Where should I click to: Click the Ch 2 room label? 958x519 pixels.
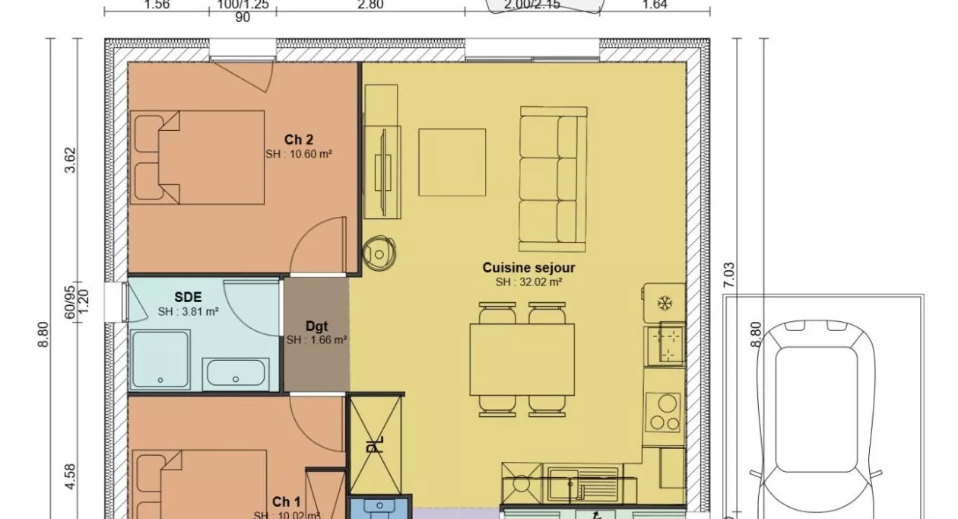click(299, 139)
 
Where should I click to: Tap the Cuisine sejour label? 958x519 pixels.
click(528, 268)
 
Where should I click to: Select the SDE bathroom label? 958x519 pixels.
click(188, 297)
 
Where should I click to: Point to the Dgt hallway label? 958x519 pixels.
click(316, 326)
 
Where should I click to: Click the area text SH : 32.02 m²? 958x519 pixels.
click(528, 282)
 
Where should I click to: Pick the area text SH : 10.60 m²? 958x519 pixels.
click(299, 154)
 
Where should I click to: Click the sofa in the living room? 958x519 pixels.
click(554, 180)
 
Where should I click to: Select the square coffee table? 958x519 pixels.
click(452, 162)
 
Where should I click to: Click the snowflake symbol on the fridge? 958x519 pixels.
click(665, 304)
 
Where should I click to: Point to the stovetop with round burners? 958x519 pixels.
click(664, 413)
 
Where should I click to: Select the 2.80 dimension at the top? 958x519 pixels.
click(370, 5)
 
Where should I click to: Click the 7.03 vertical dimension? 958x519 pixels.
click(729, 274)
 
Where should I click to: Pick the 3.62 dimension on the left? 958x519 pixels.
click(70, 160)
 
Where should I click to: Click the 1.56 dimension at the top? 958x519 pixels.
click(156, 5)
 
